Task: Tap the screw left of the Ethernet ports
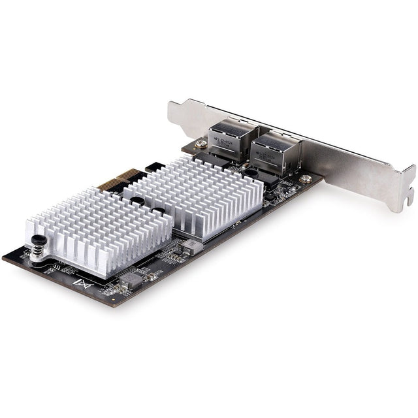(202, 144)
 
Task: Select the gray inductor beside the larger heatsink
(191, 246)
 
